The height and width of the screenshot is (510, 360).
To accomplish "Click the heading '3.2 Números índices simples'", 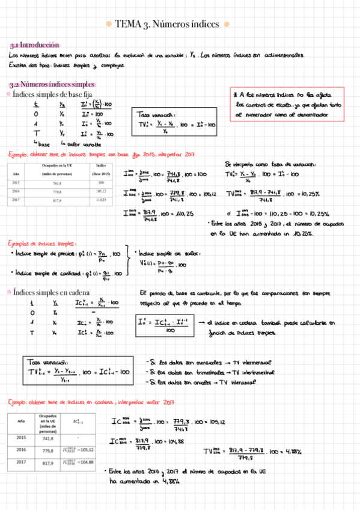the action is pyautogui.click(x=52, y=84).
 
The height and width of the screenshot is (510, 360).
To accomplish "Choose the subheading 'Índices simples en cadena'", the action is pyautogui.click(x=52, y=292).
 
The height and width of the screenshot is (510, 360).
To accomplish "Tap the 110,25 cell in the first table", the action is pyautogui.click(x=100, y=200).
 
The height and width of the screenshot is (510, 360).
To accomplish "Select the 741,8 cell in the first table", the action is pyautogui.click(x=57, y=183).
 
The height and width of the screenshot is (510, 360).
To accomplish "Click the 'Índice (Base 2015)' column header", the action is pyautogui.click(x=100, y=169).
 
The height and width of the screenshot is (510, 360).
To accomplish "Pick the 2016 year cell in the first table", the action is pyautogui.click(x=17, y=191).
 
